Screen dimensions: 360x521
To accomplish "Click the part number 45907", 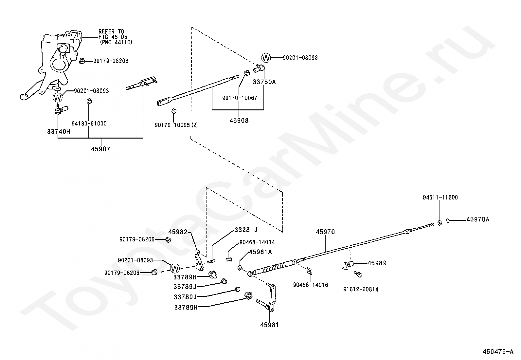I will pyautogui.click(x=100, y=149).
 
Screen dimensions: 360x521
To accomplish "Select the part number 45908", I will pyautogui.click(x=239, y=121).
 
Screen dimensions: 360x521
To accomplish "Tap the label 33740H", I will pyautogui.click(x=59, y=131).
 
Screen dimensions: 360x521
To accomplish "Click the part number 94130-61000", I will pyautogui.click(x=89, y=123).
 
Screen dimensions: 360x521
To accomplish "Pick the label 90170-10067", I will pyautogui.click(x=240, y=98).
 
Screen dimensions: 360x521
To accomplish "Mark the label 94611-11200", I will pyautogui.click(x=440, y=198).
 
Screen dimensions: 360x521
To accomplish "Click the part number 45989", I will pyautogui.click(x=377, y=263).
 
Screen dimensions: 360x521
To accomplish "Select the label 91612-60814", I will pyautogui.click(x=361, y=289).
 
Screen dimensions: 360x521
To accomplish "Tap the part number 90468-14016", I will pyautogui.click(x=310, y=285).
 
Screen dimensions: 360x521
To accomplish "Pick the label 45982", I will pyautogui.click(x=178, y=232).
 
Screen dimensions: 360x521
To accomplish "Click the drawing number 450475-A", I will pyautogui.click(x=498, y=352).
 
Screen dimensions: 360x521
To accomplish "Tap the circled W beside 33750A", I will pyautogui.click(x=266, y=58).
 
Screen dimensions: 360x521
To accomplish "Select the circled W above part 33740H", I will pyautogui.click(x=58, y=98).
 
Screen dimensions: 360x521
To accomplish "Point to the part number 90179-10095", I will pyautogui.click(x=172, y=125).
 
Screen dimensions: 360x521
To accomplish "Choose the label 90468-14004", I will pyautogui.click(x=257, y=242).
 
